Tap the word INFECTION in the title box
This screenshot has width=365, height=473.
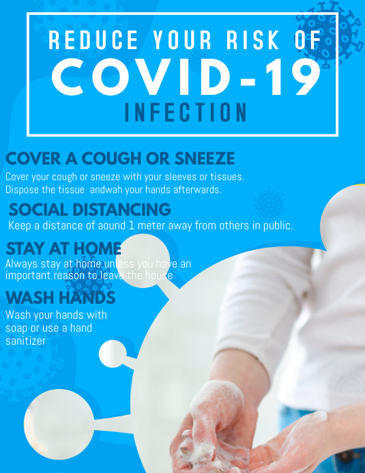point(186,113)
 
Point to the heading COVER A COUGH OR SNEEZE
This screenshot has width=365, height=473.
point(120,159)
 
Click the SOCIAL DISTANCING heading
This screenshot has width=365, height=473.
point(89,209)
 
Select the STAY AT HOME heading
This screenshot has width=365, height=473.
point(63,248)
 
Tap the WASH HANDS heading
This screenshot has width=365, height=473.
point(60,298)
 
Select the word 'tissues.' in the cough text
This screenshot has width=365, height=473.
point(226,177)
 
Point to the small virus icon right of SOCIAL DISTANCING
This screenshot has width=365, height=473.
point(269,204)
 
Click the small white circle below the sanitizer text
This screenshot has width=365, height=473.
point(112,354)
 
